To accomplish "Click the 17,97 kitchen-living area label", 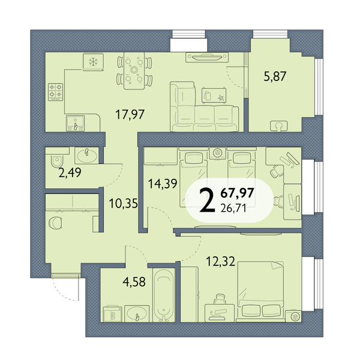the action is click(130, 115).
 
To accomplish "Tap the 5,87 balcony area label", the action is click(275, 76).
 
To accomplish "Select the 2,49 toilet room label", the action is click(70, 173).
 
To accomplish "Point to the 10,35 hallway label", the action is click(123, 203).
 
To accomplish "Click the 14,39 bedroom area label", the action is click(163, 184).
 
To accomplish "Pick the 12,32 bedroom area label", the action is click(220, 261).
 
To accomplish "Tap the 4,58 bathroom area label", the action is click(134, 282).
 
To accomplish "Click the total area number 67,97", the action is click(237, 193).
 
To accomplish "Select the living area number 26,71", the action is click(233, 208).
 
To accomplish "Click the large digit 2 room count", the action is click(208, 200).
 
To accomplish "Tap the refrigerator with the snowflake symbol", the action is click(93, 62).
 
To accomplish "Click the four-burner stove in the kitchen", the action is click(55, 92).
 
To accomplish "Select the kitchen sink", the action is click(75, 123).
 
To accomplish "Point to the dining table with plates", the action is click(134, 71).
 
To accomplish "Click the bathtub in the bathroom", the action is click(164, 295).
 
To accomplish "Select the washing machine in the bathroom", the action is click(113, 314).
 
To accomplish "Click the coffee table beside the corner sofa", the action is click(214, 95).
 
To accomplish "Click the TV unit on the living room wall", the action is click(207, 57).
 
